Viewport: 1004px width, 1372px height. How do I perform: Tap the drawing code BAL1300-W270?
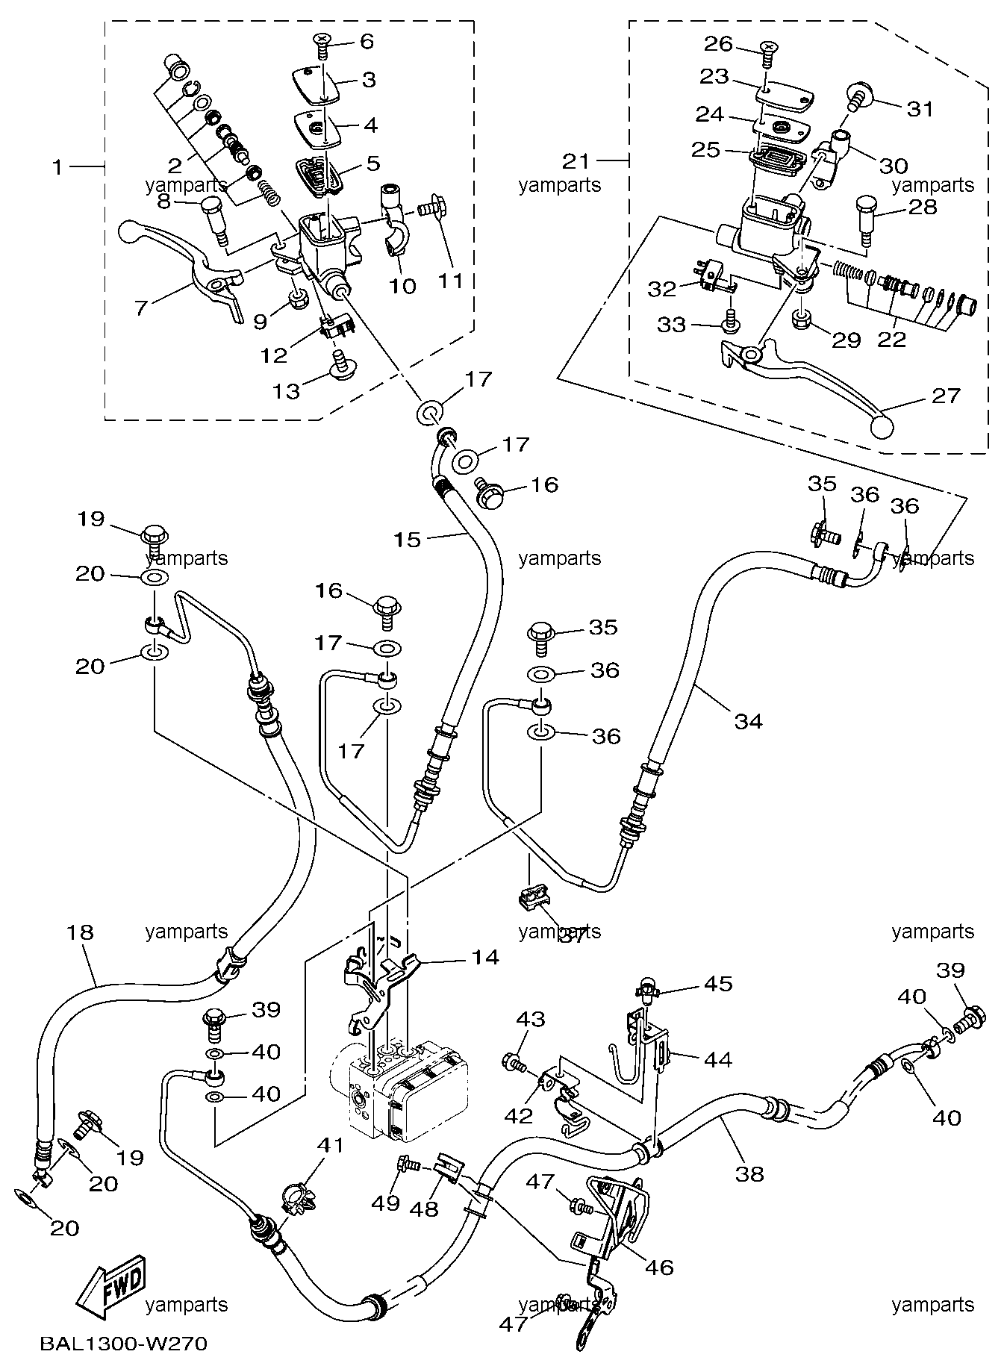pos(123,1345)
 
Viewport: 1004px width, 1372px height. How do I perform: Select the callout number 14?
pos(485,957)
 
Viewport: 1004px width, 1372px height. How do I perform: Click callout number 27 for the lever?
pos(946,395)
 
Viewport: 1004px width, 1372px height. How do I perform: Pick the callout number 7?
pos(141,307)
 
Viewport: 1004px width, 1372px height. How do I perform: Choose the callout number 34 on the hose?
pos(749,721)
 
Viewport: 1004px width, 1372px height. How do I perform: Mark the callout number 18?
pos(80,932)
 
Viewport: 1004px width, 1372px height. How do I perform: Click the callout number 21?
pos(576,160)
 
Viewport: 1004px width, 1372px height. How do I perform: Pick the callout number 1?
pos(57,167)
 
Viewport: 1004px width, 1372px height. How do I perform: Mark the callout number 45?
pos(718,984)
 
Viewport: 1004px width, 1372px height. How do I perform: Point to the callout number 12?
pos(274,355)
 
